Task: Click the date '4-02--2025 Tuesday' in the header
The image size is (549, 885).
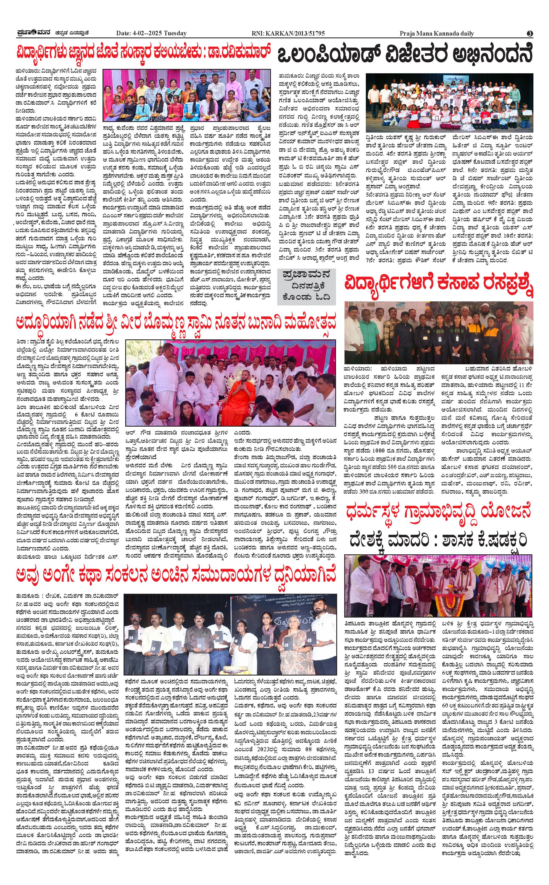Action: (x=151, y=33)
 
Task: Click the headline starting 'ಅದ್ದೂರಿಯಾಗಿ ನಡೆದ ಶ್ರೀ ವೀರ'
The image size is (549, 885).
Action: (x=176, y=322)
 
